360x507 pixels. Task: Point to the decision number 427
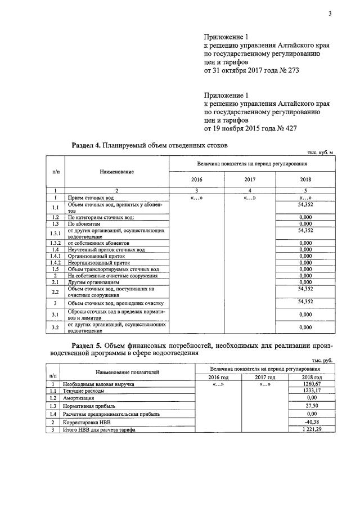click(x=287, y=128)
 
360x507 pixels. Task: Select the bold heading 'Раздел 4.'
click(x=87, y=146)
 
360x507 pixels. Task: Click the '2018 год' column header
click(x=311, y=377)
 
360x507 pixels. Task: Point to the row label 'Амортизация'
click(x=79, y=397)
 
